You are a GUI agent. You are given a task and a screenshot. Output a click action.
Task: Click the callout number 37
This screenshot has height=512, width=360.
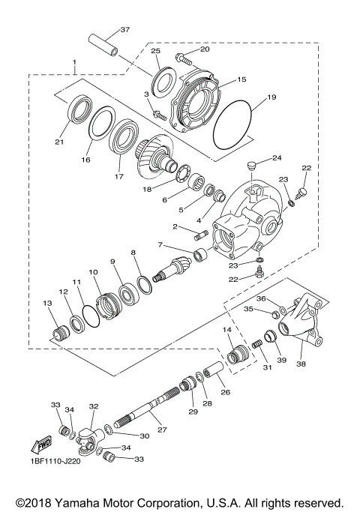[x=124, y=29]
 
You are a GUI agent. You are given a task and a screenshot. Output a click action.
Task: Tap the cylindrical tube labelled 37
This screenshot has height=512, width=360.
[x=102, y=43]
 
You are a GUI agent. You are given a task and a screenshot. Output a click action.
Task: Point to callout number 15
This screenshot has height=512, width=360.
[x=241, y=79]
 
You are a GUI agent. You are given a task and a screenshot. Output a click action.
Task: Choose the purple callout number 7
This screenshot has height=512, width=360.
[x=159, y=245]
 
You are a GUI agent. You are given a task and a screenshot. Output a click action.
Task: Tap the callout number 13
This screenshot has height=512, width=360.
[x=46, y=303]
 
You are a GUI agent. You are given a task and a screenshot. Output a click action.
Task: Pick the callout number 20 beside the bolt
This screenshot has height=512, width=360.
[x=205, y=49]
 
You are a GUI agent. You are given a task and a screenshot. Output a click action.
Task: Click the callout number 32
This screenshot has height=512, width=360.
[x=94, y=406]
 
